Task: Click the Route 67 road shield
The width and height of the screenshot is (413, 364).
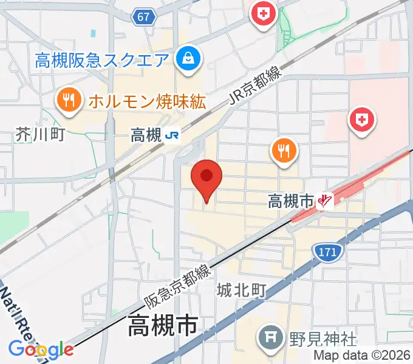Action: (x=143, y=18)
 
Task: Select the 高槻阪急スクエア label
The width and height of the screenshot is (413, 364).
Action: (x=101, y=60)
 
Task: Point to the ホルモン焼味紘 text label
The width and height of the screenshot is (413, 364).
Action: (x=147, y=100)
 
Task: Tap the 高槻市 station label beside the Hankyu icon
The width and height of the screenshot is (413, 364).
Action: (x=290, y=200)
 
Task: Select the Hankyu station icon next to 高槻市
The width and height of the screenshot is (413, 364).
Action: (x=327, y=201)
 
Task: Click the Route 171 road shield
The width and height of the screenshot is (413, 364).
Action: (x=328, y=251)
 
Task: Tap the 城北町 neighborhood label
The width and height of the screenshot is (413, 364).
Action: (x=242, y=291)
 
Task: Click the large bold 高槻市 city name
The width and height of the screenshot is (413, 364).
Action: (x=162, y=327)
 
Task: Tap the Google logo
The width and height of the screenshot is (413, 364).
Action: (x=41, y=349)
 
